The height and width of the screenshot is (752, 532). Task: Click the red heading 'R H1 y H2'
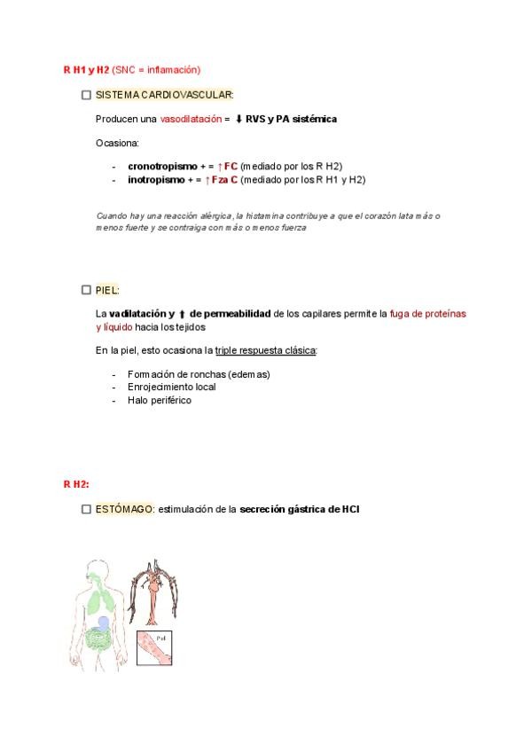(86, 69)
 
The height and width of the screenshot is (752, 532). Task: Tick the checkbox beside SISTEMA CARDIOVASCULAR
(85, 94)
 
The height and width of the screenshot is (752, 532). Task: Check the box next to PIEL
(85, 289)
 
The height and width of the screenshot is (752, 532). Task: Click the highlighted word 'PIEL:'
(107, 289)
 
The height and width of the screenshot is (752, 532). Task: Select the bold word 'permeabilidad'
(232, 313)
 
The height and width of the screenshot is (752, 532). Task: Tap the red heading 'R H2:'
(76, 484)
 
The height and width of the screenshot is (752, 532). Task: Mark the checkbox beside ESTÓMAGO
(85, 509)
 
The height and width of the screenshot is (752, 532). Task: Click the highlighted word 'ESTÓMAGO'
(124, 509)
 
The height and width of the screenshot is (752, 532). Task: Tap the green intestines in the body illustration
(99, 643)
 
